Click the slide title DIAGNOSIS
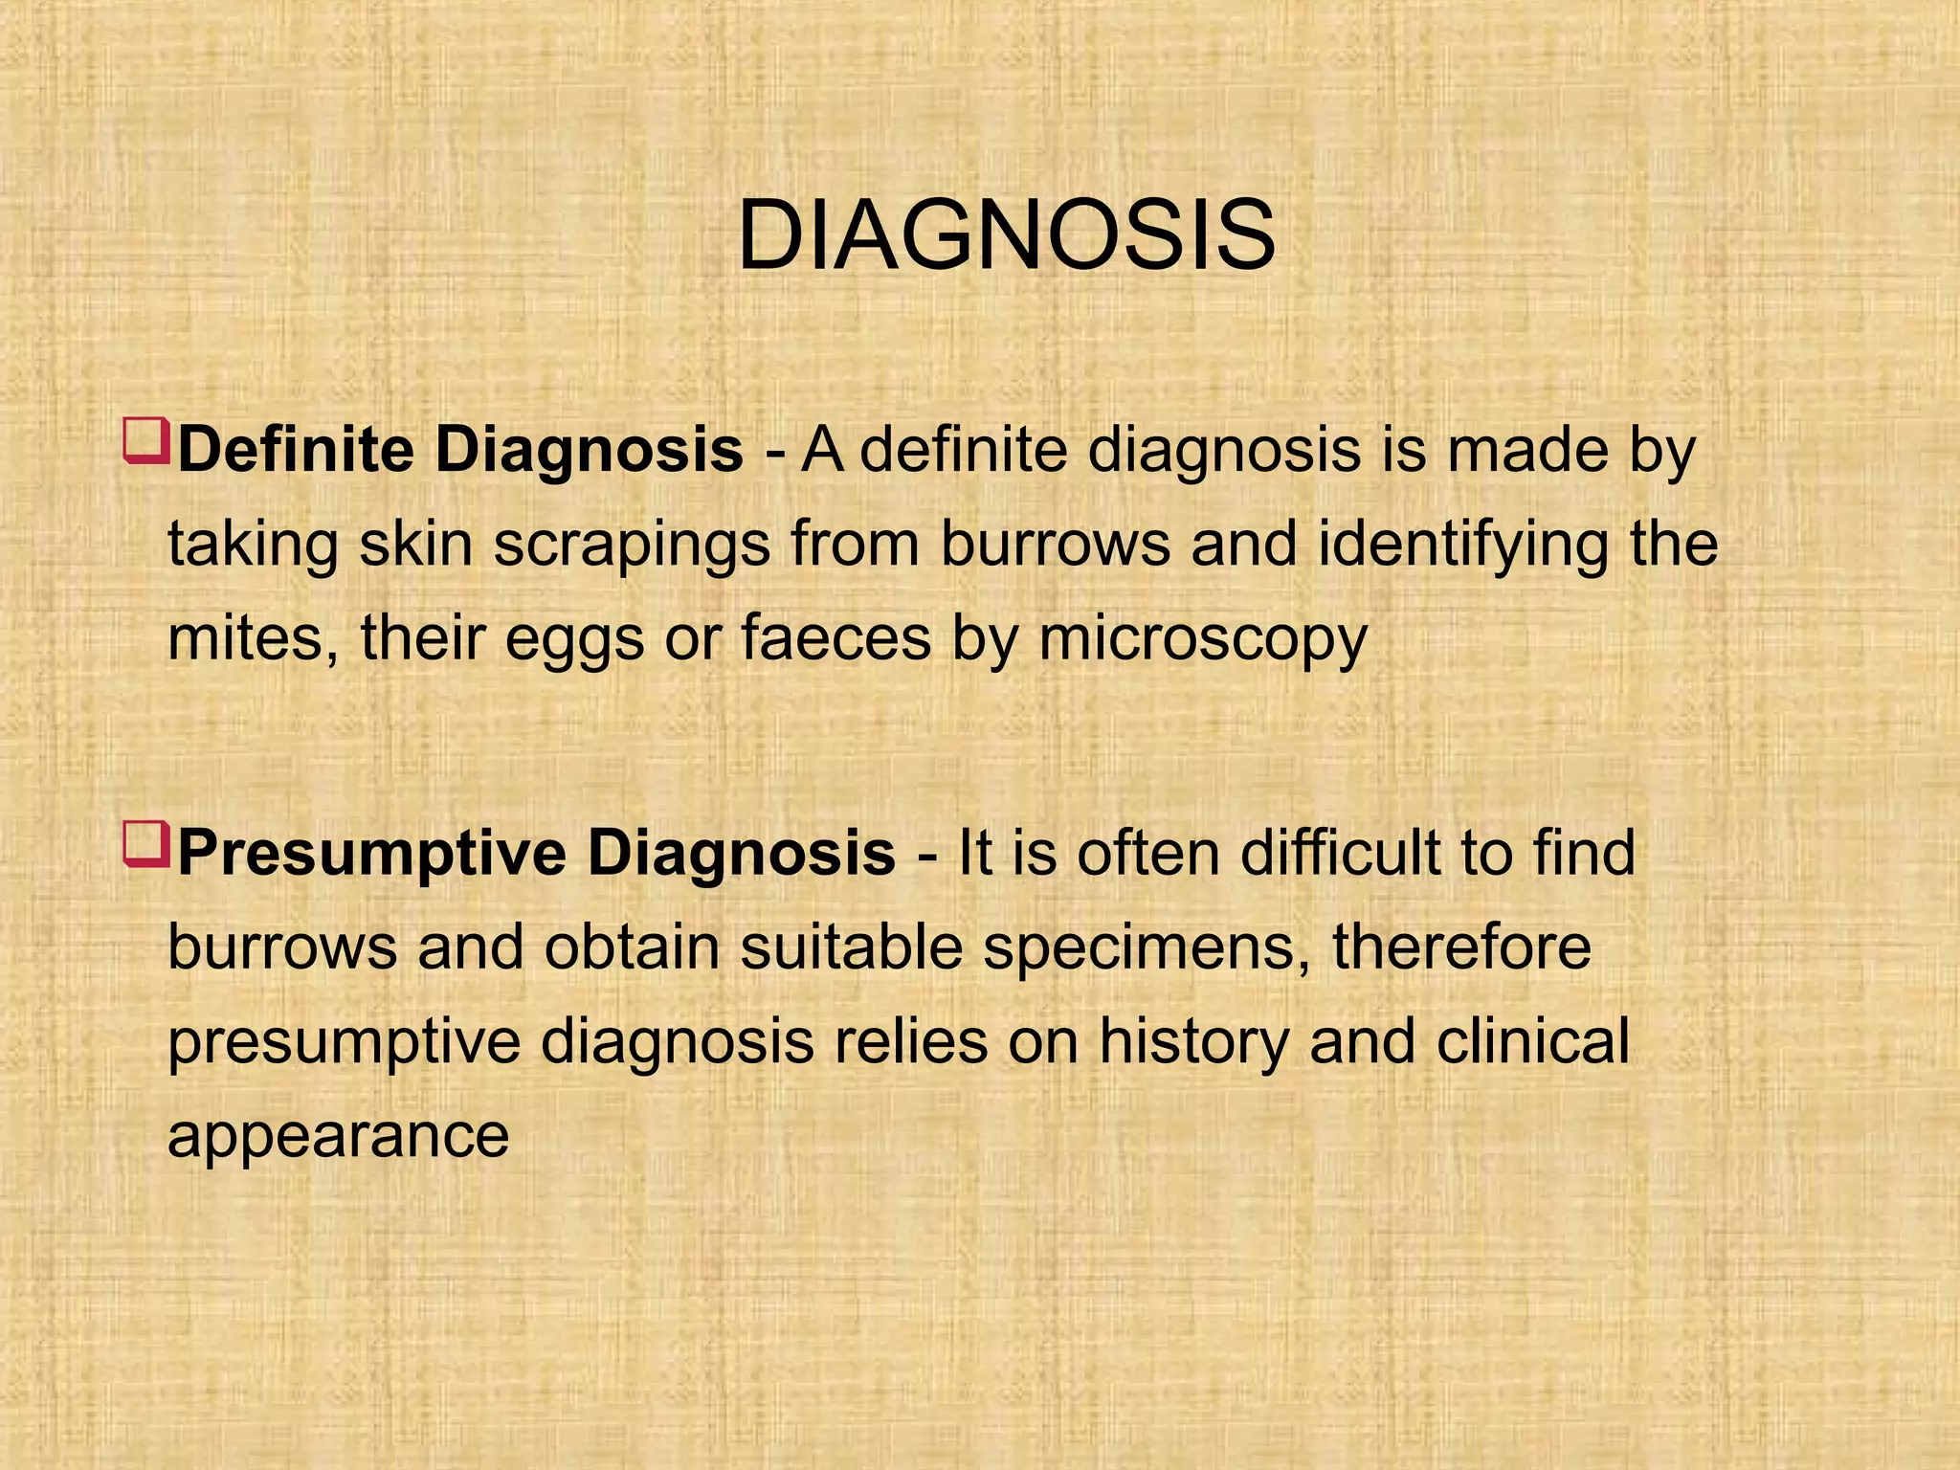click(x=1006, y=235)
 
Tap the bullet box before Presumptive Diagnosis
click(x=146, y=844)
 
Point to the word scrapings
click(x=633, y=545)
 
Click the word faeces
click(x=835, y=637)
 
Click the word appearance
click(x=338, y=1136)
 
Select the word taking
click(x=253, y=545)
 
